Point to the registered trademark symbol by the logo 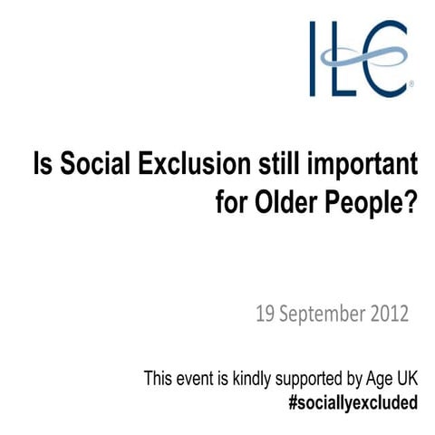tap(412, 89)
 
